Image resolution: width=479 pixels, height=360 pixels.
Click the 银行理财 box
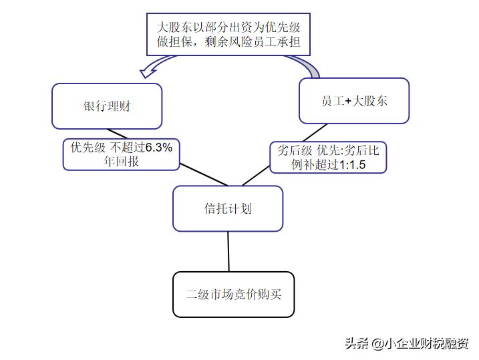click(107, 106)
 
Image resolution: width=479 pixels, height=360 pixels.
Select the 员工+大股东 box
click(353, 101)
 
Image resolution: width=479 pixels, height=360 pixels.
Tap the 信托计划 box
click(228, 208)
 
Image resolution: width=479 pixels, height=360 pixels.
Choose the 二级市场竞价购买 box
click(233, 294)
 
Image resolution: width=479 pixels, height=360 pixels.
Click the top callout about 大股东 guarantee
click(228, 35)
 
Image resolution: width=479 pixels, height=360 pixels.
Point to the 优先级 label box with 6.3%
click(122, 154)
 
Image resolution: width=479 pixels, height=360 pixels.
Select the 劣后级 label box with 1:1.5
click(328, 158)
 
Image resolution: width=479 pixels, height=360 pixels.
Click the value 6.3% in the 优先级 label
click(159, 148)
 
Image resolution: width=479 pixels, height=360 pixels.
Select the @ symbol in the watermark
click(378, 343)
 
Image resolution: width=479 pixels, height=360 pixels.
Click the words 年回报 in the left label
click(122, 161)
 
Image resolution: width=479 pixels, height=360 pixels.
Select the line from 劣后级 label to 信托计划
click(255, 176)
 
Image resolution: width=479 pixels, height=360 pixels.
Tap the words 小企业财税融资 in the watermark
click(428, 343)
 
